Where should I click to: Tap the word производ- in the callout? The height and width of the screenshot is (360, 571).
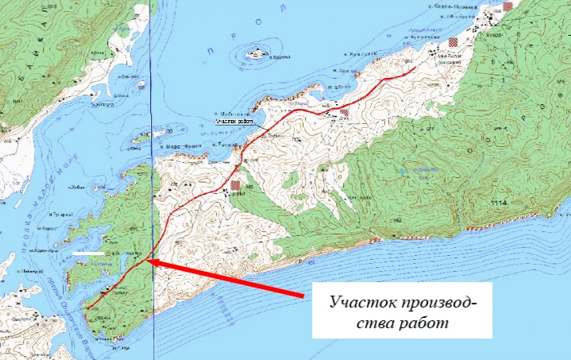[x=433, y=303]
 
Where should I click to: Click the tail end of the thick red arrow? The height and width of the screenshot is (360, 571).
[x=303, y=297]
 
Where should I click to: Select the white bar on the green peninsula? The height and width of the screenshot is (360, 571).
[x=88, y=254]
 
